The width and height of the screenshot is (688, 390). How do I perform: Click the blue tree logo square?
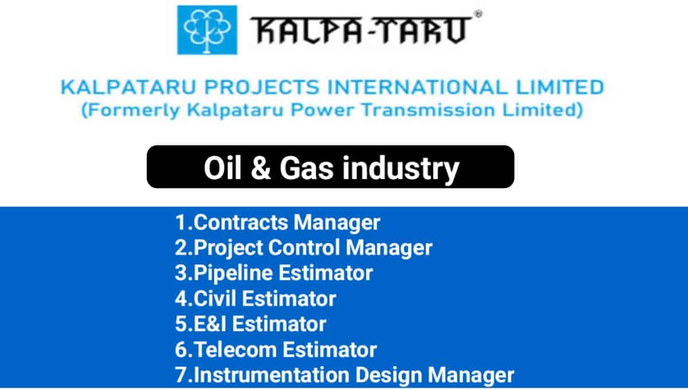[x=207, y=30]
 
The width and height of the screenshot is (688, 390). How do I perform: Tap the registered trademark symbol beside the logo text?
[x=478, y=14]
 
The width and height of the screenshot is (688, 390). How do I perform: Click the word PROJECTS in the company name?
[x=262, y=87]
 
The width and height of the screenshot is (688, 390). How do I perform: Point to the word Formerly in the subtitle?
[x=131, y=110]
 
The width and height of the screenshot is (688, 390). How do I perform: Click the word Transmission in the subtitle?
[x=428, y=110]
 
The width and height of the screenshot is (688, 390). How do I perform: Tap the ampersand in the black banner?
[x=261, y=168]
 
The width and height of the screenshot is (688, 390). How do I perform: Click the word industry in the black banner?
[x=401, y=169]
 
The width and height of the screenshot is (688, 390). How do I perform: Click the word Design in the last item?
[x=389, y=376]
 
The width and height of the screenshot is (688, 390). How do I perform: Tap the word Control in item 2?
[x=304, y=248]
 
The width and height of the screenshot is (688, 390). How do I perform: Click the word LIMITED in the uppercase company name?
[x=560, y=87]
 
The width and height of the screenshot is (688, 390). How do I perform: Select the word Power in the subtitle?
[x=322, y=110]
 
